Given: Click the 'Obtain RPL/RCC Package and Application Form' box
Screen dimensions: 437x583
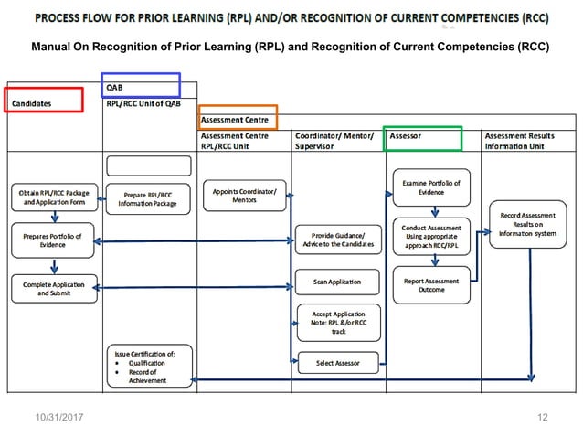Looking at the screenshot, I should [53, 197].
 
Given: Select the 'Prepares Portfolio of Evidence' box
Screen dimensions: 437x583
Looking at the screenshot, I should [53, 240].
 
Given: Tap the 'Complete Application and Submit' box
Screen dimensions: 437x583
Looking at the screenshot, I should [53, 288].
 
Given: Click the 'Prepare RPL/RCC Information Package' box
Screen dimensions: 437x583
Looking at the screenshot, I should [147, 198].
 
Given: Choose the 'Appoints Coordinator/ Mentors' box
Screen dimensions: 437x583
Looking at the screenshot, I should [244, 196].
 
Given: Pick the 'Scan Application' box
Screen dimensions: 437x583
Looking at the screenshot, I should [335, 282].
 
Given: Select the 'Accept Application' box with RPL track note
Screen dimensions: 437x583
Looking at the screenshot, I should [335, 322].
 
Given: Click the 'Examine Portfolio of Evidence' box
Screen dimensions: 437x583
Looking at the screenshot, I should [431, 187].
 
